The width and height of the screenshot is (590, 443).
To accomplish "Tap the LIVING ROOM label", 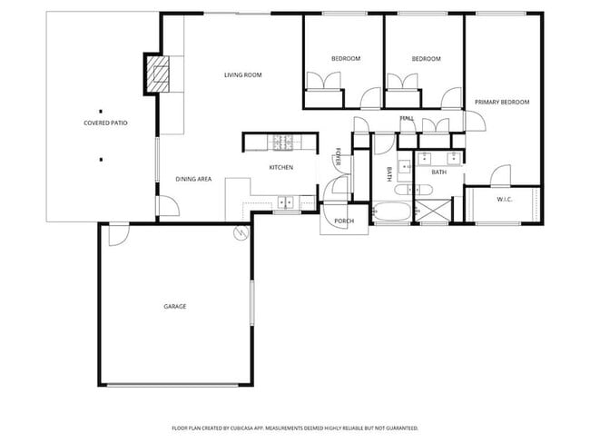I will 243,74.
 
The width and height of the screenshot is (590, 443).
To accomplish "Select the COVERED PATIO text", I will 105,122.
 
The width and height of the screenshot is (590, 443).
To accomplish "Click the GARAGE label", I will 175,306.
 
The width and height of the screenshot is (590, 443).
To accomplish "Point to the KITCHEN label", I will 280,167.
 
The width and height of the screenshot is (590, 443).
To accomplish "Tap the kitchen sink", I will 287,202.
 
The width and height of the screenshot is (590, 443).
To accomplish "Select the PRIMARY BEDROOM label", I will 502,103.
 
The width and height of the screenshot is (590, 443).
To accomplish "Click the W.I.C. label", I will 506,199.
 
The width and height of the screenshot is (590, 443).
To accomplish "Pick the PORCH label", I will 344,221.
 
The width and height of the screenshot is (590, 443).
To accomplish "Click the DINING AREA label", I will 193,179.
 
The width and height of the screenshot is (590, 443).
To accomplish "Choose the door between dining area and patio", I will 167,206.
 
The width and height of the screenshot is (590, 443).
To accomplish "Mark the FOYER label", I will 339,157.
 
